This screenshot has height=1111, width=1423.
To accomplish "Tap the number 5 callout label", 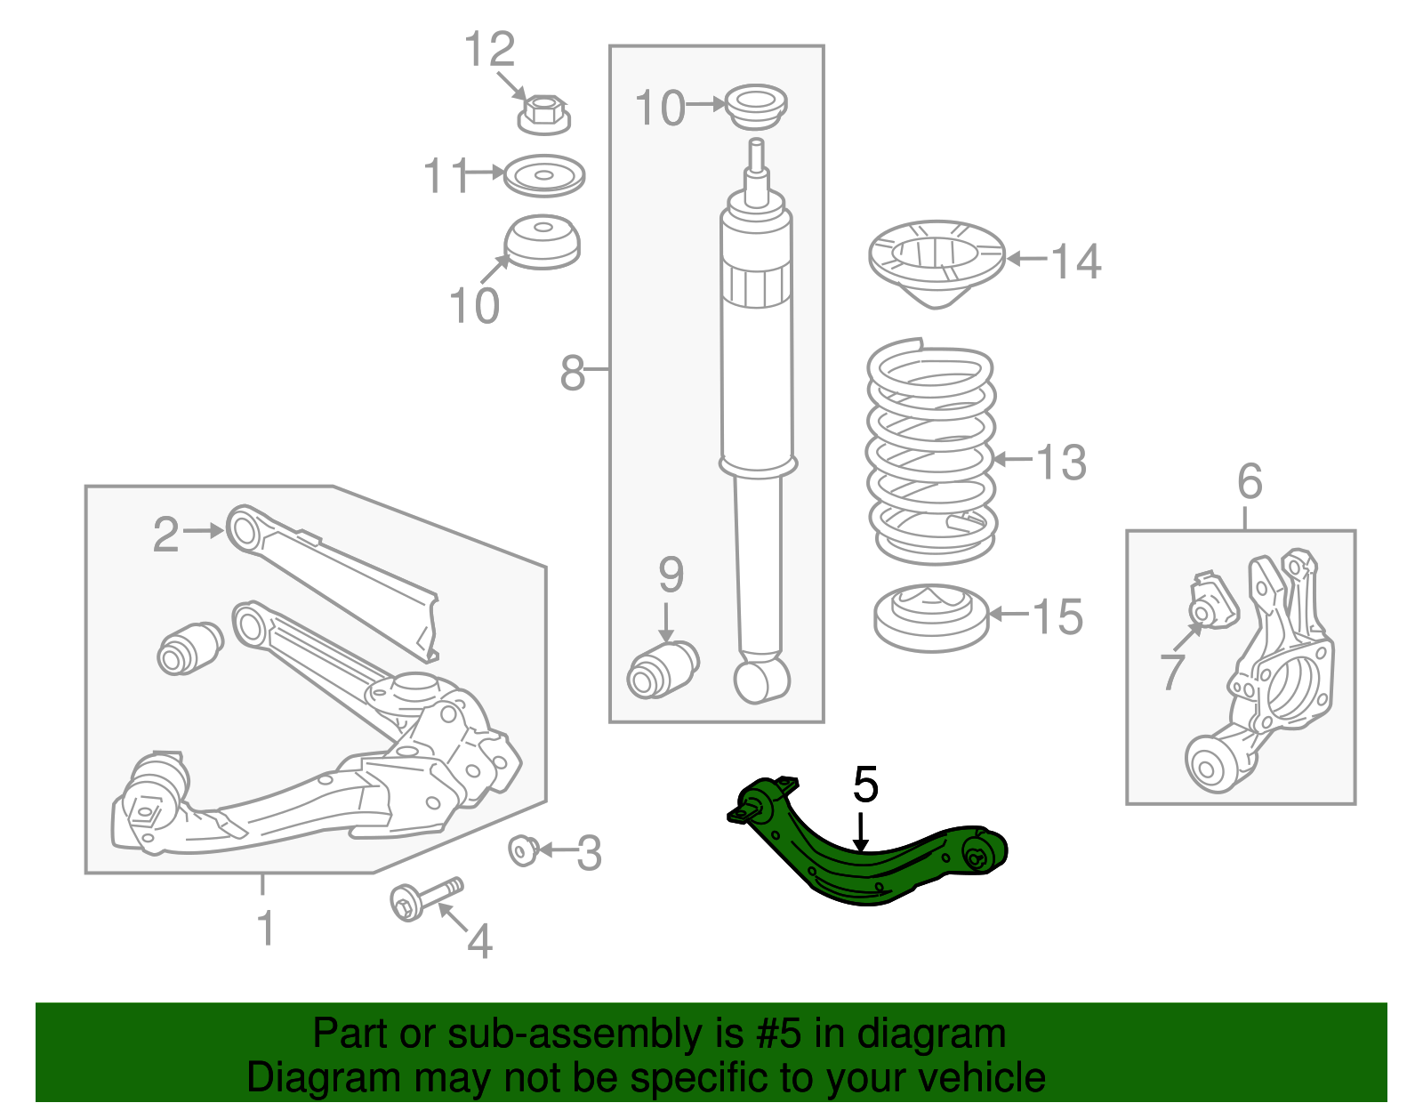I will click(865, 785).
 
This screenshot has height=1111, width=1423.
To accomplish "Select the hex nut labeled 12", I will click(543, 114).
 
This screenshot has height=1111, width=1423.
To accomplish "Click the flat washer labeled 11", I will click(543, 175).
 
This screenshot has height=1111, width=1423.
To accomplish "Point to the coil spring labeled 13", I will click(930, 454).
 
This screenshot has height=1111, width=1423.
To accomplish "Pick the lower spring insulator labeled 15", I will click(931, 617).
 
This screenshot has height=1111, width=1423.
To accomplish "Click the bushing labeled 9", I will click(663, 670).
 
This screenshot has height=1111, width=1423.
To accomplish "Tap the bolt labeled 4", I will click(426, 898).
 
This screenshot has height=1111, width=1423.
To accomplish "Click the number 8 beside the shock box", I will click(573, 372).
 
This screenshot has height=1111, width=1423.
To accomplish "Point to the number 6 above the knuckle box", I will click(1250, 481).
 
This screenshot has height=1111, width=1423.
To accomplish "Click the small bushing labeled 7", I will click(1213, 602).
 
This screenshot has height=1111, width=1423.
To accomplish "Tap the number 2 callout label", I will click(165, 535).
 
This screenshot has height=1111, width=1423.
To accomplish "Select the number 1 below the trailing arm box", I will click(265, 927).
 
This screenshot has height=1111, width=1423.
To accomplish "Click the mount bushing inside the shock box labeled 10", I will click(756, 108).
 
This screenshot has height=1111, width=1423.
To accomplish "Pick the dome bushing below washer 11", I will click(543, 241).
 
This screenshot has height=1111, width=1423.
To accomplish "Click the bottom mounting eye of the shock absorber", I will click(762, 680).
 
